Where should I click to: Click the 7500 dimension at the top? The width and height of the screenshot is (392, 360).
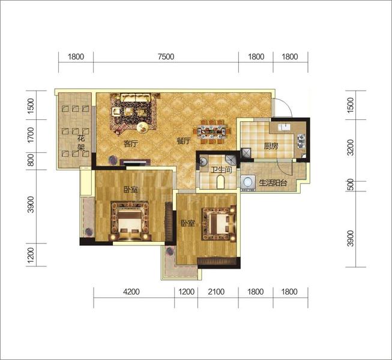pyautogui.click(x=166, y=57)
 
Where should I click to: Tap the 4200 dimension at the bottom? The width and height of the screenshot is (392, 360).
pyautogui.click(x=131, y=292)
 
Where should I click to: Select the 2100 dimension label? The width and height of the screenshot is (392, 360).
pyautogui.click(x=216, y=292)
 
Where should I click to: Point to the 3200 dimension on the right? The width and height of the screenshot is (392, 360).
pyautogui.click(x=351, y=148)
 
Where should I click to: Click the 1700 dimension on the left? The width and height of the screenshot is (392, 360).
pyautogui.click(x=31, y=135)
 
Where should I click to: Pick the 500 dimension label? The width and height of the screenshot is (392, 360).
pyautogui.click(x=351, y=185)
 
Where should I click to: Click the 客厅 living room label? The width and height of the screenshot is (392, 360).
pyautogui.click(x=131, y=143)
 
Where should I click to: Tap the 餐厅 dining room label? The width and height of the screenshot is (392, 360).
pyautogui.click(x=184, y=141)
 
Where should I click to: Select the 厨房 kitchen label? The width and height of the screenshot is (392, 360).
pyautogui.click(x=271, y=146)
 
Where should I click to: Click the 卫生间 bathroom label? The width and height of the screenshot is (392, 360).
pyautogui.click(x=221, y=170)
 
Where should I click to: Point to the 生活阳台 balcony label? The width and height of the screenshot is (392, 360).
pyautogui.click(x=273, y=183)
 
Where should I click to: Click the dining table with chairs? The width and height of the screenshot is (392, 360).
pyautogui.click(x=212, y=131)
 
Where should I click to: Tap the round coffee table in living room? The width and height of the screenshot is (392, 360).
pyautogui.click(x=143, y=128)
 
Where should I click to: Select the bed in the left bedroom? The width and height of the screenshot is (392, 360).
pyautogui.click(x=130, y=221)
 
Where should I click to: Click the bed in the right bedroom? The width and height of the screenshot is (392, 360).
pyautogui.click(x=219, y=223)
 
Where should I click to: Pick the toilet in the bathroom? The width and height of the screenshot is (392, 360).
pyautogui.click(x=220, y=182)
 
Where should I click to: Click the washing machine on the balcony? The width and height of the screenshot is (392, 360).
pyautogui.click(x=248, y=182)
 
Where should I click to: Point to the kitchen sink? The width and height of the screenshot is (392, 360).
pyautogui.click(x=285, y=127)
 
